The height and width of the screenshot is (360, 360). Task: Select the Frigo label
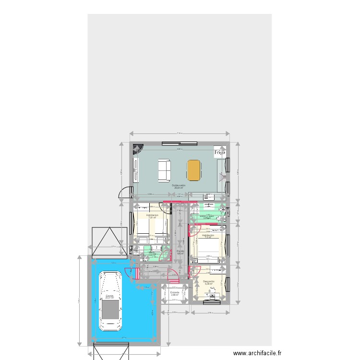pyautogui.click(x=220, y=152)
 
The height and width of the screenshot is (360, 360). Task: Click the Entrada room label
pyautogui.click(x=174, y=293)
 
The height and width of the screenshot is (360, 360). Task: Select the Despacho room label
pyautogui.click(x=208, y=282)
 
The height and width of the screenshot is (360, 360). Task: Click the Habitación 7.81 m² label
pyautogui.click(x=152, y=216)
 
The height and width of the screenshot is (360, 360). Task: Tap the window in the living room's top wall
pyautogui.click(x=179, y=143)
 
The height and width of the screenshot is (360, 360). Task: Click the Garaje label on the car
pyautogui.click(x=110, y=297)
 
